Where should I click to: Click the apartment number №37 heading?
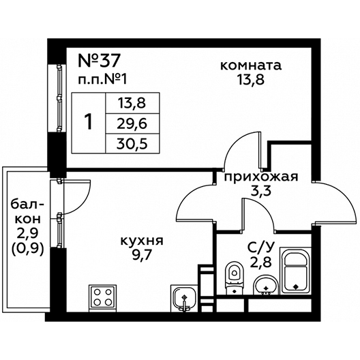(99, 61)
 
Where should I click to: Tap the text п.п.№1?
(102, 80)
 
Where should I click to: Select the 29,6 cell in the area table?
(132, 124)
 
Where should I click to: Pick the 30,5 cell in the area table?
(132, 145)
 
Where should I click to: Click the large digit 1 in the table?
(88, 122)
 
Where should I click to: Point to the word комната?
(251, 65)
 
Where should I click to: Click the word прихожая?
(261, 177)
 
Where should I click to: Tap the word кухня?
(142, 241)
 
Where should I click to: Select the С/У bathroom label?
(260, 247)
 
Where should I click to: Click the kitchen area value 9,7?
(142, 255)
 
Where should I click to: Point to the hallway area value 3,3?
(260, 191)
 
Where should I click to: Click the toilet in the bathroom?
(234, 278)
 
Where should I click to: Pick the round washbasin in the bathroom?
(265, 285)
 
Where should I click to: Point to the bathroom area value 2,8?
(261, 262)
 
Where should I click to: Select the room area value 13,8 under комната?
(251, 80)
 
